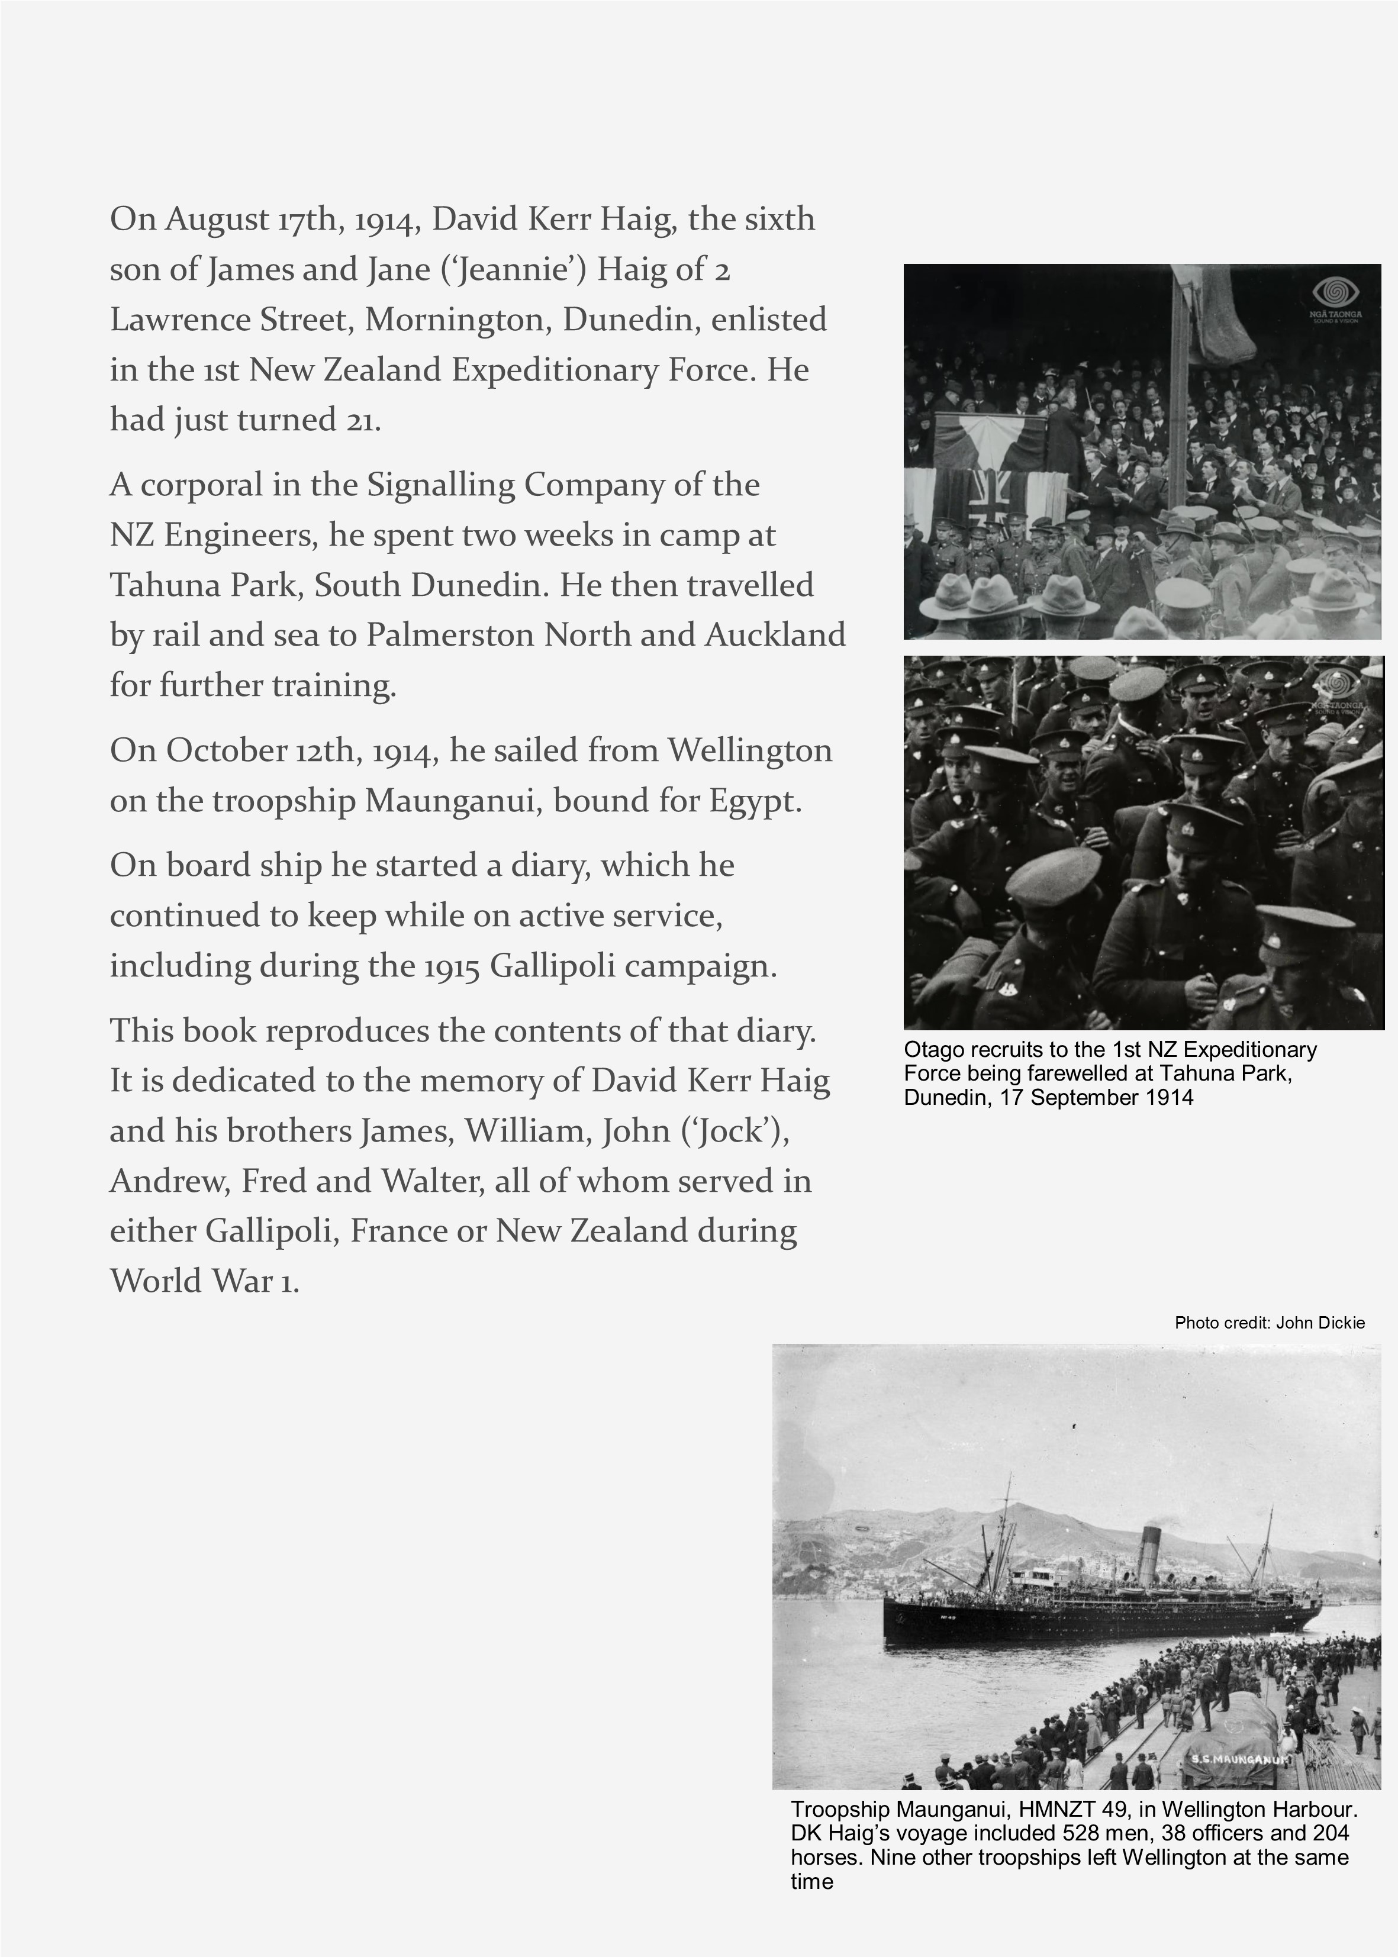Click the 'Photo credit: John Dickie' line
pos(1269,1323)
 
